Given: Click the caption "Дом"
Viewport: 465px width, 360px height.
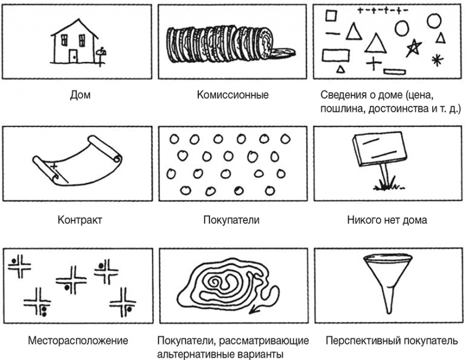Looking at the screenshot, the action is (x=80, y=95).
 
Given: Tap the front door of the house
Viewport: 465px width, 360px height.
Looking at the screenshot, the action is (x=73, y=56).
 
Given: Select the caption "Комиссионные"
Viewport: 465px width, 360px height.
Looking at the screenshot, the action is (x=232, y=95).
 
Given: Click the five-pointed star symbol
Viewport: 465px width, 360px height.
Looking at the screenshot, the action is (x=414, y=48).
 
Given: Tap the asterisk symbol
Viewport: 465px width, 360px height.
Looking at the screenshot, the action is (x=437, y=60).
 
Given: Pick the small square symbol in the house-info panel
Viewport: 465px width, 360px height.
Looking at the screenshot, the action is (x=331, y=15).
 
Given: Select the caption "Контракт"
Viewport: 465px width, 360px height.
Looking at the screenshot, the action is (x=80, y=220).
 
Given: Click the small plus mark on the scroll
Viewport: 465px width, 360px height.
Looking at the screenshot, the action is (x=54, y=167).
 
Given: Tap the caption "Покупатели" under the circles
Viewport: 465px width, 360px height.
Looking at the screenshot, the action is (x=231, y=220).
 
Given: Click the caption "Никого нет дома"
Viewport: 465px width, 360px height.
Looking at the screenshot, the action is (x=387, y=220).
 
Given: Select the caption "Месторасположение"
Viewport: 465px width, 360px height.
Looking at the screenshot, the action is (x=78, y=341).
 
